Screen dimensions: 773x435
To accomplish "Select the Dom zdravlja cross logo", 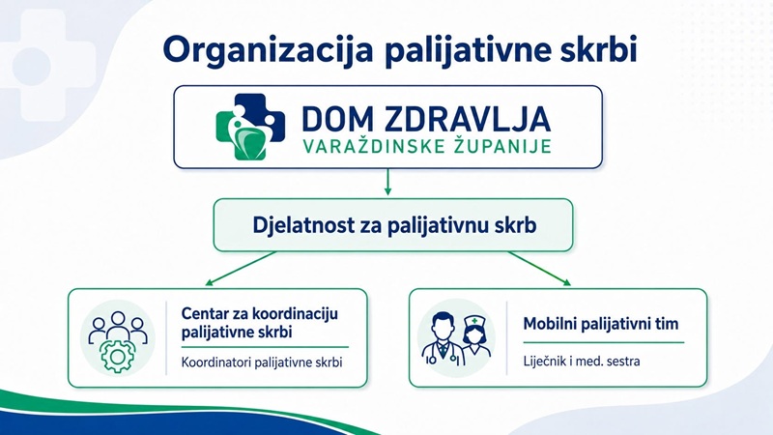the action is pos(250,127).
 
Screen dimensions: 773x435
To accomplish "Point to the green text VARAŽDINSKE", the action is pos(367,146).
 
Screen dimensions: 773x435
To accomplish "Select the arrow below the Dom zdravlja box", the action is pos(387,182).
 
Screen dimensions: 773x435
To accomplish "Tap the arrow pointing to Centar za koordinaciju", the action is pos(241,269).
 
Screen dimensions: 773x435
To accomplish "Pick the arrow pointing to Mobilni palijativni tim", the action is pos(539,269).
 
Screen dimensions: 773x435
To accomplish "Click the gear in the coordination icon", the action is pos(117,356).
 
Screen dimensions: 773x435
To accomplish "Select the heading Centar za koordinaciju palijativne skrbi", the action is pos(260,323).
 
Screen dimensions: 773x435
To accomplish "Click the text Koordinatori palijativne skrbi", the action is pos(262,362).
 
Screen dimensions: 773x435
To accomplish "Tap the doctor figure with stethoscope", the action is pos(443,339).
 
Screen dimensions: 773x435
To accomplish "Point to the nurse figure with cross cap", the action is pos(474,336).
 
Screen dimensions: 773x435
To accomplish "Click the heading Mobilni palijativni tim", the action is pos(601,324).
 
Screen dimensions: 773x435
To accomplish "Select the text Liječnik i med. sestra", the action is pos(582,362).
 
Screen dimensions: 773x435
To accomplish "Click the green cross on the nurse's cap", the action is pos(474,321).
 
